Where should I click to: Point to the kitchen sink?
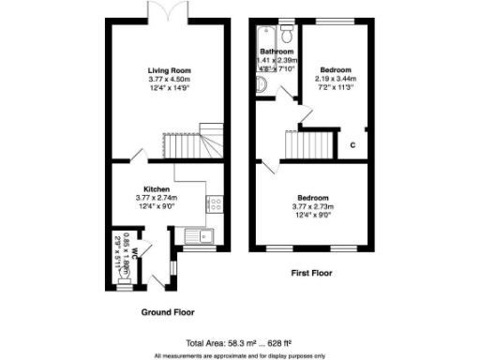pos(199,235)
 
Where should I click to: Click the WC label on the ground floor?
pos(136,252)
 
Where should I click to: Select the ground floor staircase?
pos(195,142)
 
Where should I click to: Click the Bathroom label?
pos(277,52)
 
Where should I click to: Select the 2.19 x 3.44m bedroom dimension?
pos(335,79)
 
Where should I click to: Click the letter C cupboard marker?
pos(352,144)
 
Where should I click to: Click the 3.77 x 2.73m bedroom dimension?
pos(312,207)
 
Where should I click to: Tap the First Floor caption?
pos(311,274)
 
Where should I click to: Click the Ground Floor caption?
pos(167,311)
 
